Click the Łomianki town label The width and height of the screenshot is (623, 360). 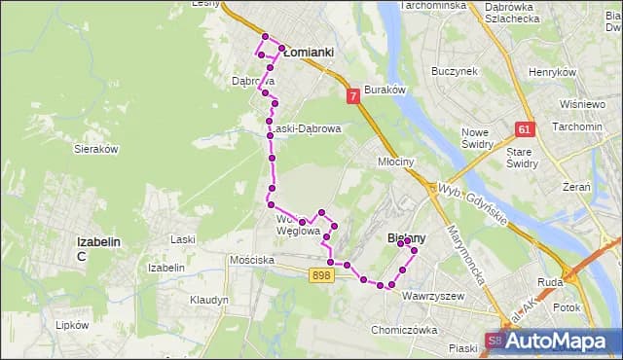click(x=309, y=53)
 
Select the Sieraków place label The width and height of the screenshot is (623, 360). click(x=95, y=149)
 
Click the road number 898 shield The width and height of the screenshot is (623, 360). click(x=322, y=276)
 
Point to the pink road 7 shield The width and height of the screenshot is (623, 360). click(x=352, y=96)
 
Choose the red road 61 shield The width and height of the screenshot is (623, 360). click(x=525, y=129)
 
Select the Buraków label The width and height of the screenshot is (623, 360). click(x=384, y=89)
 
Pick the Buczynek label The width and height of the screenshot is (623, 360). click(x=455, y=71)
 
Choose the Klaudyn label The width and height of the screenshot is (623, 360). click(x=209, y=300)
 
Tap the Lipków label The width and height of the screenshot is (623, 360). click(x=73, y=325)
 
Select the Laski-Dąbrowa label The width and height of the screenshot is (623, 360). click(x=305, y=128)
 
